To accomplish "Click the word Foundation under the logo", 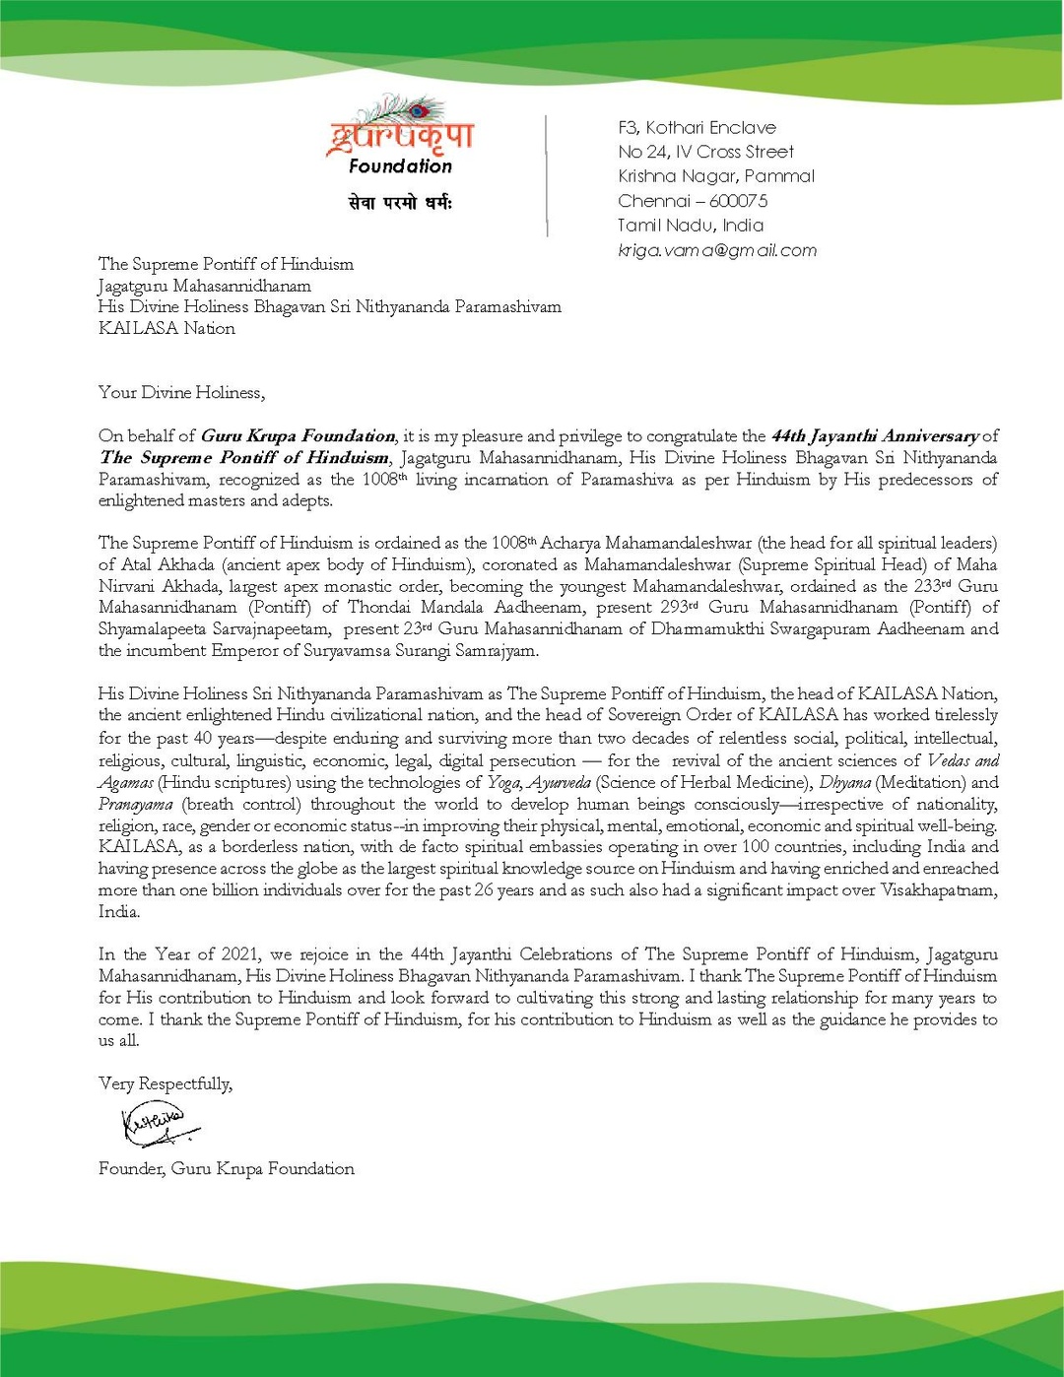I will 400,166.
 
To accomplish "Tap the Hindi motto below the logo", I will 400,203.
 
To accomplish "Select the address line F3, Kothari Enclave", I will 697,127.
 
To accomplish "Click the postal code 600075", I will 738,201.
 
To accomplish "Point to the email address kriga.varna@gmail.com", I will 717,250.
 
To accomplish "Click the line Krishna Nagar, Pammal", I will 716,176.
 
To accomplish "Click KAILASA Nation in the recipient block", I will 166,329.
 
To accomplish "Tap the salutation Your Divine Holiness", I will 181,392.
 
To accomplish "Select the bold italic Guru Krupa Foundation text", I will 298,435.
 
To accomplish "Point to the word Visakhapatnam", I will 943,890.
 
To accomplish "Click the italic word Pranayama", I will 135,804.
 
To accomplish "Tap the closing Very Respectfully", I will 166,1083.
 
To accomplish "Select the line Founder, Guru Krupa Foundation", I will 227,1168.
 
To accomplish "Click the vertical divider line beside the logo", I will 547,175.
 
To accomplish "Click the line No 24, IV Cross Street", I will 705,152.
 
